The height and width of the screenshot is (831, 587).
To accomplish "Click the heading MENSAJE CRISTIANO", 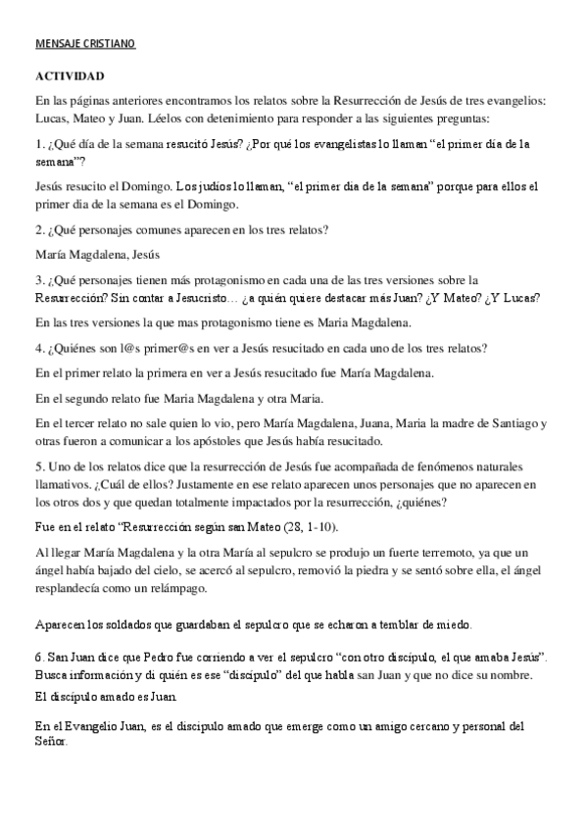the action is click(x=84, y=44).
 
